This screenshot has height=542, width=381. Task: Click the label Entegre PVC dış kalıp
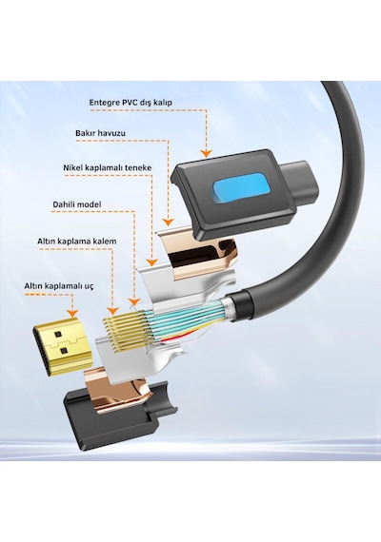coord(130,103)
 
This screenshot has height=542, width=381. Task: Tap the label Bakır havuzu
coord(100,133)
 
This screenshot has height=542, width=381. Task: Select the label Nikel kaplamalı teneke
coord(108,167)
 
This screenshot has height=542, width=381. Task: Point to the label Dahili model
coord(77,204)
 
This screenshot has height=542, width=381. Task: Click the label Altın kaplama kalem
coord(77,241)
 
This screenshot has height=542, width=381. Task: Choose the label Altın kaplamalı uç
coord(59,286)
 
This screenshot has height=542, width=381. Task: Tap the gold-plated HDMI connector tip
coord(62,347)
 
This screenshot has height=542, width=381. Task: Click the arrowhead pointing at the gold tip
coord(72,313)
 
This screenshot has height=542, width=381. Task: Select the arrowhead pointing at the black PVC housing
coord(207,153)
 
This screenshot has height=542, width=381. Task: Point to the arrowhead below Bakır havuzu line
coord(168,223)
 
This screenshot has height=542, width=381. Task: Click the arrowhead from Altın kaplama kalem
coord(110,310)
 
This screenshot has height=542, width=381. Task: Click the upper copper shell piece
coord(197,255)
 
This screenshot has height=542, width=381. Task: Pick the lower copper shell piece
coord(118,389)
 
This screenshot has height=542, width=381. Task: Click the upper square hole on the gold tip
coord(57,335)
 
